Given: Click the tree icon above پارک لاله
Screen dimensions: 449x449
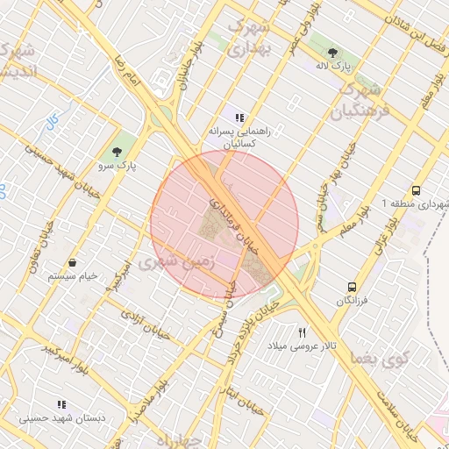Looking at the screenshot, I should point(340,51).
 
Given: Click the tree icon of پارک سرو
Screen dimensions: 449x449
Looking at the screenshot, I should point(118,152).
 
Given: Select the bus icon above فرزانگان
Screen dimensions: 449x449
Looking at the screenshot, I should point(352,287).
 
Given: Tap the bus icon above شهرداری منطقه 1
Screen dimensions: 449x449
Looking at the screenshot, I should point(416,190).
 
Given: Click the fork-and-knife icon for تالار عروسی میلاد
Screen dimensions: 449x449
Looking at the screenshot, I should point(303,332).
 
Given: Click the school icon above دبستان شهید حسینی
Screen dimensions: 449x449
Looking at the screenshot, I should point(61,404).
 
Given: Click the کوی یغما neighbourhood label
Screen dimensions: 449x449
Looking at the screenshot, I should point(379,358).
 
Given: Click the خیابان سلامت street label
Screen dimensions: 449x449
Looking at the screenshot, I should point(397,412).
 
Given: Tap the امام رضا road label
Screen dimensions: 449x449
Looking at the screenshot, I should point(126,69).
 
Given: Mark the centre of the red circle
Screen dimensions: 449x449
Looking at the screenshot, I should point(224,224).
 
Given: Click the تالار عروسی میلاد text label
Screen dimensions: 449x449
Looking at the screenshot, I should point(302,346).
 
